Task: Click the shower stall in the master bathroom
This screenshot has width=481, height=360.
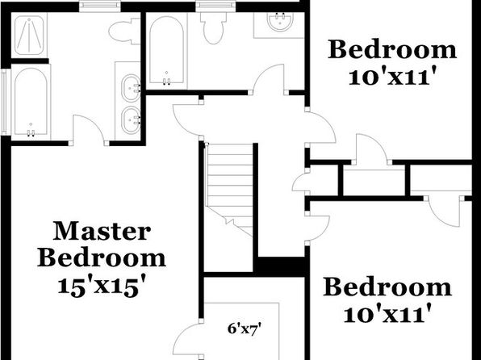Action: [x=29, y=36]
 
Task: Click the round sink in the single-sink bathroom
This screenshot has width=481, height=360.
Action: [x=280, y=22]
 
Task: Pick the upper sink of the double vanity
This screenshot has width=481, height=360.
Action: [x=132, y=88]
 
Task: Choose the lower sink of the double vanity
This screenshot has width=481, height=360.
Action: [x=132, y=119]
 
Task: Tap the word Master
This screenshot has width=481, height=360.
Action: [x=102, y=232]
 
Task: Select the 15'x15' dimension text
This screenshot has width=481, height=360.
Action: [x=101, y=287]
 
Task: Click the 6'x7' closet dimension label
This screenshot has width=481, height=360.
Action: [x=245, y=329]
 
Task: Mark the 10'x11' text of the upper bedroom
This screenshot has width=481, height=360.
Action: [x=393, y=77]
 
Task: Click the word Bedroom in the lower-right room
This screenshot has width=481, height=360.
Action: [x=387, y=287]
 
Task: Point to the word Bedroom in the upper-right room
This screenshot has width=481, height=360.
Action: [x=392, y=49]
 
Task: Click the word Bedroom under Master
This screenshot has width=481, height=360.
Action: [x=102, y=259]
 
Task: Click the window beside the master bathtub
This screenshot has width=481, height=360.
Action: [x=4, y=102]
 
